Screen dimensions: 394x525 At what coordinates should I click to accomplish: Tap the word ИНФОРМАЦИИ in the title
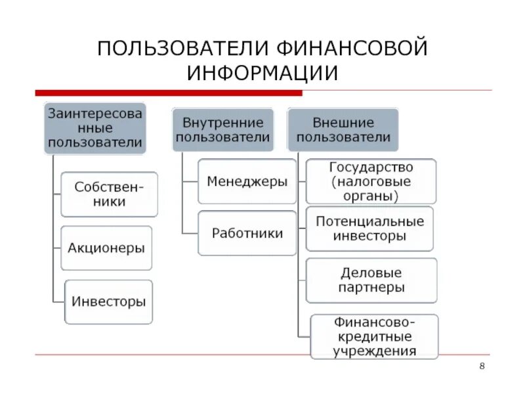(x=262, y=73)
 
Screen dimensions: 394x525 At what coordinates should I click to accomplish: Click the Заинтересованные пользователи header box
(x=94, y=127)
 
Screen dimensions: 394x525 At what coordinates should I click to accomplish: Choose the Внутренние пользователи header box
(x=223, y=130)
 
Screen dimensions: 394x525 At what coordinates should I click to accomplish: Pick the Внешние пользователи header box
(x=343, y=130)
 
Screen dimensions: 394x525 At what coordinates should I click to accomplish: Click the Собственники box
(x=109, y=194)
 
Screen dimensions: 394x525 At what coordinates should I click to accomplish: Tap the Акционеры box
(x=106, y=248)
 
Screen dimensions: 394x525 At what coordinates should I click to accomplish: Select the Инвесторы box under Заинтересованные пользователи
(x=108, y=302)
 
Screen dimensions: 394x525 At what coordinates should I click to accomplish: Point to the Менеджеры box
(x=247, y=181)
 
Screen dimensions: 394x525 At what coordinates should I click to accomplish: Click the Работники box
(x=247, y=233)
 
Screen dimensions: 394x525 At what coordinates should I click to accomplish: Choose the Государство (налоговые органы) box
(x=371, y=181)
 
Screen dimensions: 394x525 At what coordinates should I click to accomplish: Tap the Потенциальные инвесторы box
(x=370, y=229)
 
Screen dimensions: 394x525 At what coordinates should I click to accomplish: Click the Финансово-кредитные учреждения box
(x=374, y=336)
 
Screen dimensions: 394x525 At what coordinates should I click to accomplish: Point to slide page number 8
(x=482, y=366)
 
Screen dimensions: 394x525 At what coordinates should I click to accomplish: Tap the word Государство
(x=371, y=167)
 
